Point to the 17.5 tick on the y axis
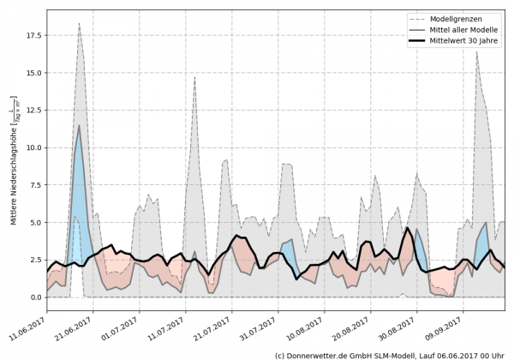32,36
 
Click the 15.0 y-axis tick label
32,74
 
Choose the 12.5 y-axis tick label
32,111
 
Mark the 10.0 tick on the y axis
32,148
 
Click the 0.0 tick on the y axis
34,297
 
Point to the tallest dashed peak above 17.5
79,24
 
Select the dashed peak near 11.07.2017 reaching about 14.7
194,77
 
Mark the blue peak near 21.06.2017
80,127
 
